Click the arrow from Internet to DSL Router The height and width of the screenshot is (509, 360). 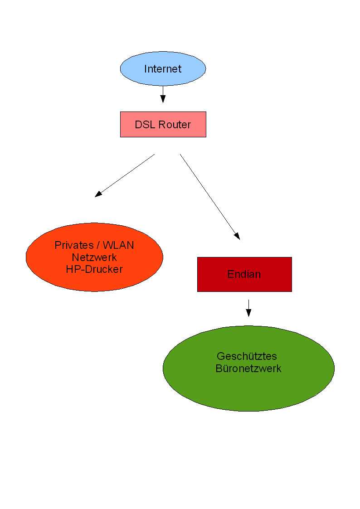click(163, 94)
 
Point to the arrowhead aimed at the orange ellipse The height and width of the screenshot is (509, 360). click(98, 194)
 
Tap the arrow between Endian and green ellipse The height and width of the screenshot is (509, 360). click(248, 308)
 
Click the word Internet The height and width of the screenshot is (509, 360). click(163, 69)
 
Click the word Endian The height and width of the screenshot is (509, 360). click(244, 274)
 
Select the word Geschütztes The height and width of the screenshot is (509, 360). click(247, 356)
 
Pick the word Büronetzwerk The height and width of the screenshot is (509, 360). click(248, 368)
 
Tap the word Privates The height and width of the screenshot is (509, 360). click(72, 245)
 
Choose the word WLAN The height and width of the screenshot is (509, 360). click(119, 245)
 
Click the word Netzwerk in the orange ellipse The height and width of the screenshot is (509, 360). click(94, 257)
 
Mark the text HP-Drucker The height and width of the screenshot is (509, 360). click(94, 269)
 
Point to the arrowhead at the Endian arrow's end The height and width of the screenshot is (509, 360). click(237, 236)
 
